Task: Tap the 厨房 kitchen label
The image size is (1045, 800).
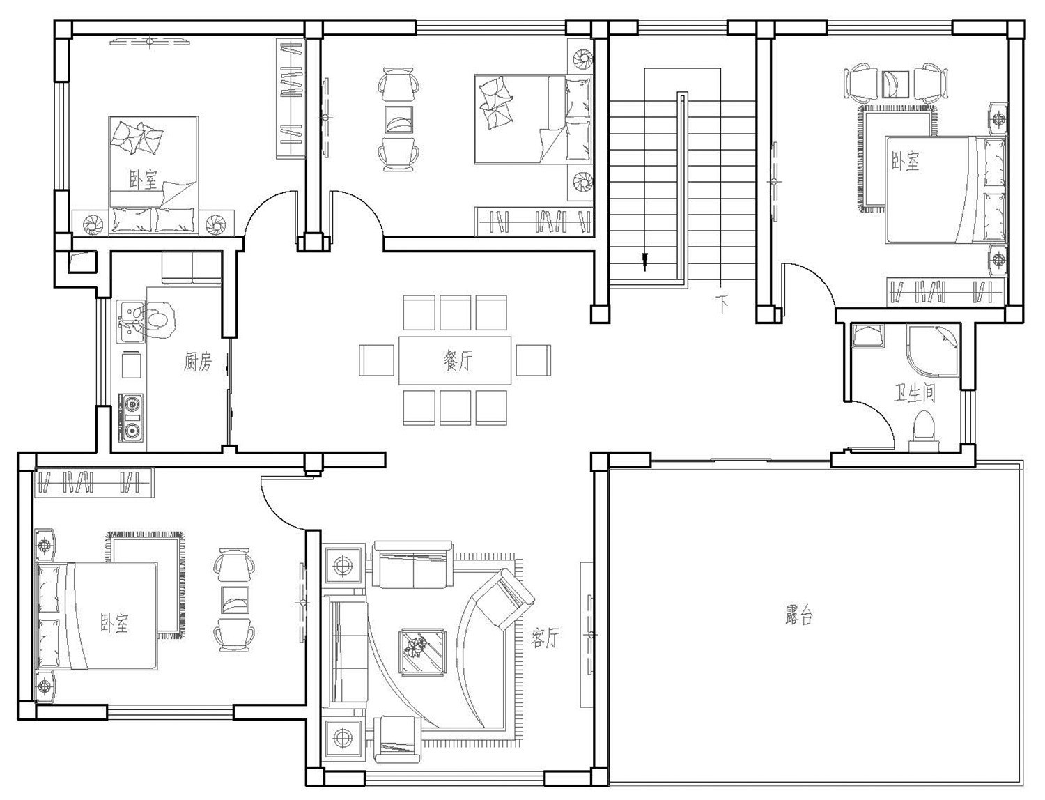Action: tap(197, 362)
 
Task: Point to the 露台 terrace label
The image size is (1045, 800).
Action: tap(799, 616)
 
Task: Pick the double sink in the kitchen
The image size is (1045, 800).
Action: tap(130, 321)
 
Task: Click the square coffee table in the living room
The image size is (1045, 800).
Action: tap(422, 652)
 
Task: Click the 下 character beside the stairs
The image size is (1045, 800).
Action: tap(722, 304)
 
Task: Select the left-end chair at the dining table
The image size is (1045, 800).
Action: tap(376, 360)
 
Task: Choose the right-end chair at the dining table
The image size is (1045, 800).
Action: tap(533, 360)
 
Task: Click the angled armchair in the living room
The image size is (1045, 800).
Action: tap(504, 599)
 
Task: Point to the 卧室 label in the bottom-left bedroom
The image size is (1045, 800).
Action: tap(114, 622)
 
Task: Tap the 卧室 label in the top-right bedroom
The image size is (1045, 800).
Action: tap(905, 161)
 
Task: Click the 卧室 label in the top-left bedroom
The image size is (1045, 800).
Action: tap(143, 180)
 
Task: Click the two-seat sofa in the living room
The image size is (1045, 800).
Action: tap(412, 564)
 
